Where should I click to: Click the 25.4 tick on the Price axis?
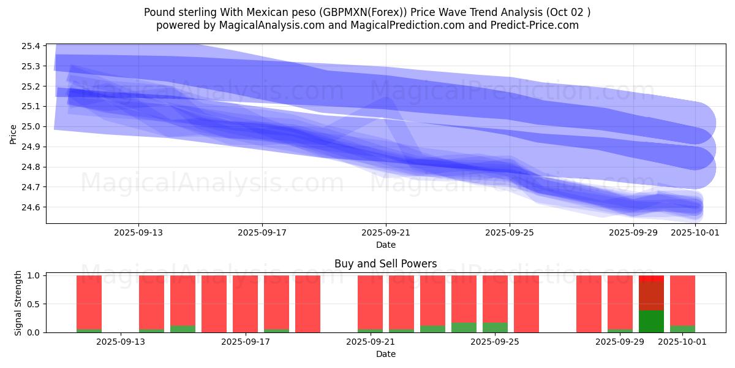point(31,46)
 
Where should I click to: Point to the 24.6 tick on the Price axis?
point(31,207)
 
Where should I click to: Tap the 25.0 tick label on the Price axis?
point(31,127)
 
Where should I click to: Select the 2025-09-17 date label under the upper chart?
point(262,233)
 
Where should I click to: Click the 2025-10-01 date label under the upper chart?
point(695,233)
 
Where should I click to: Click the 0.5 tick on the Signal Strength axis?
point(34,304)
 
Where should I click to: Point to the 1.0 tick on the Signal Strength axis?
point(34,276)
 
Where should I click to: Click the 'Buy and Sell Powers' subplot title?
point(385,264)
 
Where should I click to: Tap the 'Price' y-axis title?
point(13,134)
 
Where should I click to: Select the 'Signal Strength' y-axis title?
point(18,303)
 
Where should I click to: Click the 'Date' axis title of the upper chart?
point(385,245)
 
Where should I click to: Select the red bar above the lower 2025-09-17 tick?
point(245,304)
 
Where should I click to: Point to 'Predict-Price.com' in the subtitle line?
point(536,25)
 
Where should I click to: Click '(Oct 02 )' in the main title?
point(568,12)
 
